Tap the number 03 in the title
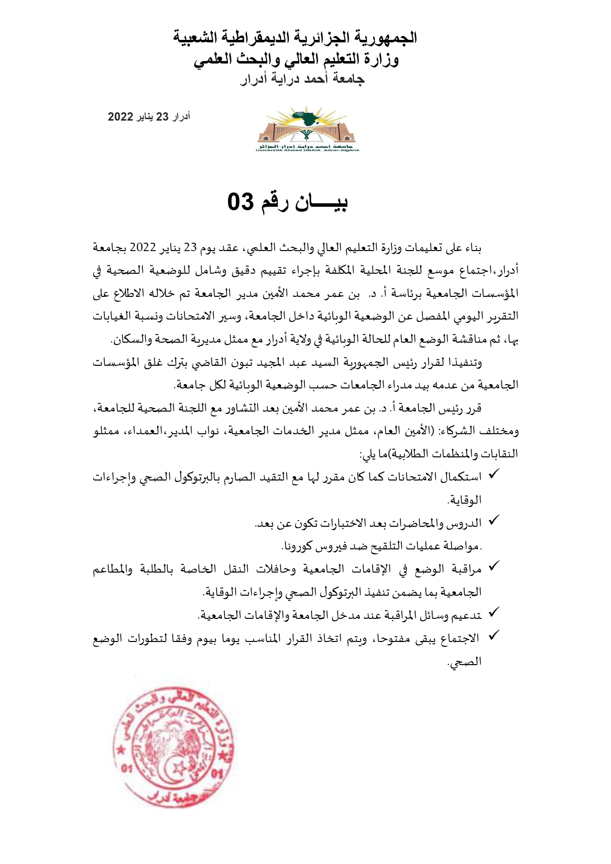(x=241, y=202)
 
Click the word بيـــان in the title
(x=321, y=202)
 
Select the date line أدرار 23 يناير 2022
(x=149, y=117)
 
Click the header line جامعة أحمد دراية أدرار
(x=302, y=79)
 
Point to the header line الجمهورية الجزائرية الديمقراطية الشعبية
(x=295, y=37)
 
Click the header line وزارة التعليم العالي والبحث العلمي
(x=296, y=59)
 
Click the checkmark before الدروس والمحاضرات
(x=494, y=520)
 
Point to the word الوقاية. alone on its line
(x=464, y=500)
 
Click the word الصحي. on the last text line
(x=464, y=662)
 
